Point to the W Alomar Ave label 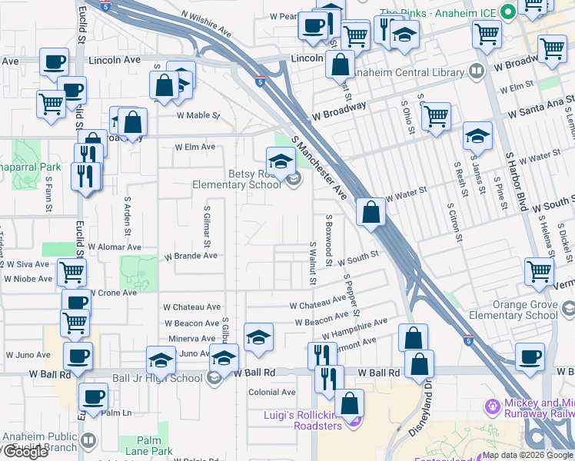point(115,247)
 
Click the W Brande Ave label point(185,255)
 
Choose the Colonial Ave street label point(272,392)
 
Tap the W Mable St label point(198,116)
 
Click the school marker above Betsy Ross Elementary point(281,161)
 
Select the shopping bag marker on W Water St point(371,211)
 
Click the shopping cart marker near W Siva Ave point(71,270)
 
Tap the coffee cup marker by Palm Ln point(94,397)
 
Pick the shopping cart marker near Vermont point(539,270)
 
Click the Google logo point(25,453)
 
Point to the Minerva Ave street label point(193,338)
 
